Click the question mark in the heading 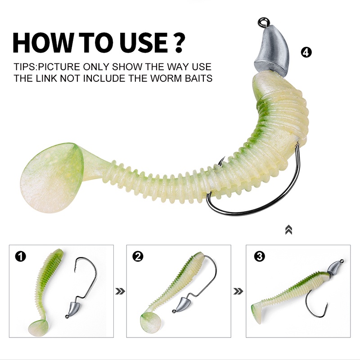click(x=177, y=43)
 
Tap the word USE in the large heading click(x=144, y=43)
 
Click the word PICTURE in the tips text click(x=59, y=67)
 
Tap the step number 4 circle click(x=306, y=53)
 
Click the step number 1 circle click(x=20, y=256)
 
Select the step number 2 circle click(x=138, y=256)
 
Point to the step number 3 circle click(x=260, y=256)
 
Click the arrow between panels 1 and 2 click(x=120, y=292)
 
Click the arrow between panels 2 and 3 click(x=238, y=292)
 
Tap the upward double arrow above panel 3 click(x=288, y=230)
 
